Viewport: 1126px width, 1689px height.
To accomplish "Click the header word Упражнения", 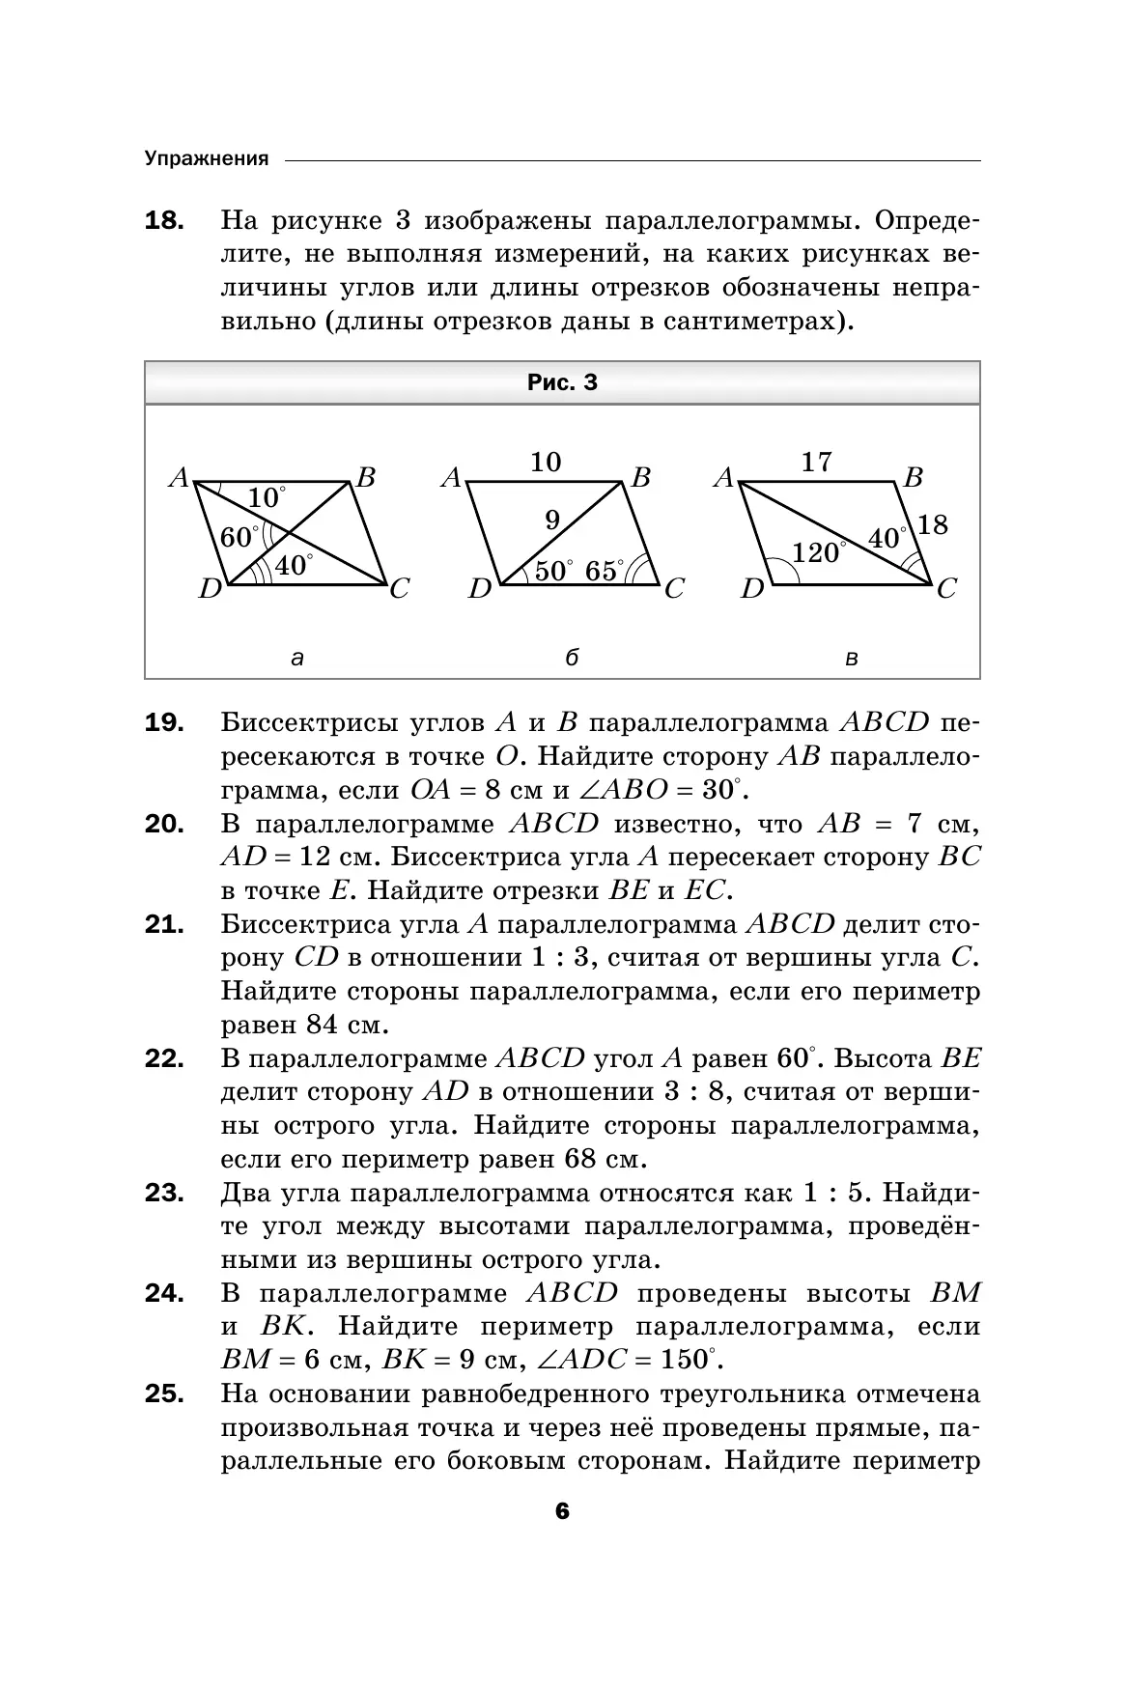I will (x=207, y=159).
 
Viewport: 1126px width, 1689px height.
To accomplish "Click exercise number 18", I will (x=164, y=221).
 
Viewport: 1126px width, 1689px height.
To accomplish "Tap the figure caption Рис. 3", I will (x=562, y=382).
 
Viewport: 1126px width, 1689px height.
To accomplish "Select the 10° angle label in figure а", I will (x=266, y=498).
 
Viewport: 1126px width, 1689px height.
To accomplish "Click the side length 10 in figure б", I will (x=546, y=462).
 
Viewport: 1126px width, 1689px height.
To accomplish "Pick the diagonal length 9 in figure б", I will (x=552, y=521).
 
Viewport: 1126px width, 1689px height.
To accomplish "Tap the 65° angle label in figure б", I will (x=604, y=571).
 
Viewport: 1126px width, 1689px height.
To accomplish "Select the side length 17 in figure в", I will (x=817, y=462).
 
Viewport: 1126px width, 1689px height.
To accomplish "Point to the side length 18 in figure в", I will (x=933, y=525).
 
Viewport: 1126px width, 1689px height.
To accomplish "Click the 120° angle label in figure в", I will (x=817, y=553).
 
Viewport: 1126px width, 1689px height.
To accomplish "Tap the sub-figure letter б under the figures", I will (x=572, y=659).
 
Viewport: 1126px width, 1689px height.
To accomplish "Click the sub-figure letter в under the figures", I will (x=851, y=660).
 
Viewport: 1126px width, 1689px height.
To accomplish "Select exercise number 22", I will (x=164, y=1059).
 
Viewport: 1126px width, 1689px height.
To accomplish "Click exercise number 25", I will (x=164, y=1394).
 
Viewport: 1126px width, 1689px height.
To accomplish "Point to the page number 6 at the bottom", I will (x=563, y=1538).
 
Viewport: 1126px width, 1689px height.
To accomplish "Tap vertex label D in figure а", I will (x=210, y=588).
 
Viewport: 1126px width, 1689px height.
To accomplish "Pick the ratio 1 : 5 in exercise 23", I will (x=838, y=1193).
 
